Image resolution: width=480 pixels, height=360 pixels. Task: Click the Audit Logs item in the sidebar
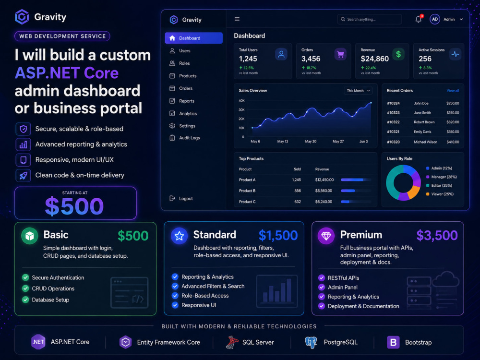185,138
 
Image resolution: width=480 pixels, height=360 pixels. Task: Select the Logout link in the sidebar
181,198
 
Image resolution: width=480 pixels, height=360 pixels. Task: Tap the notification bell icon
419,19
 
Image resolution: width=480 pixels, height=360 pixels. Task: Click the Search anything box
369,19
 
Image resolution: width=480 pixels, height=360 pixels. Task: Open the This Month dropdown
358,91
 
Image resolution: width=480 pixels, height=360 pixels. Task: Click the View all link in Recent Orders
453,91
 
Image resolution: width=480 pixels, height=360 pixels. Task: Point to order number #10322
393,122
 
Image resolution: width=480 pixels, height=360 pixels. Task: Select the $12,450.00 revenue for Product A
324,180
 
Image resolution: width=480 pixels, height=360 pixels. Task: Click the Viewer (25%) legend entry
440,194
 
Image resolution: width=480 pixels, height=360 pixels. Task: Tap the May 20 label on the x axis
311,142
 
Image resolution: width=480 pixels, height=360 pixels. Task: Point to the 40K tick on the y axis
241,101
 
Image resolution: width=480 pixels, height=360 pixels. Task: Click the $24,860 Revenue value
375,59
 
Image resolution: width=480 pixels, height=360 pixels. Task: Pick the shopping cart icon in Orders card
340,55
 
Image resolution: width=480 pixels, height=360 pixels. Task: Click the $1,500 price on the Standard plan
278,235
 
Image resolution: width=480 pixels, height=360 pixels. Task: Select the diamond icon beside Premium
326,236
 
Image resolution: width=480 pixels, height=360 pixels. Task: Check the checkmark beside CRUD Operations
25,288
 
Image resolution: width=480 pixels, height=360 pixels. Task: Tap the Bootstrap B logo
394,342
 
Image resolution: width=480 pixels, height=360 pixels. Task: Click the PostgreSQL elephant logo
311,342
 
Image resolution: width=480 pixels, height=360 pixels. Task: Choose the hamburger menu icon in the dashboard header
237,19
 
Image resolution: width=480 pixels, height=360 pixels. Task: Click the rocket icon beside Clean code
23,175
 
